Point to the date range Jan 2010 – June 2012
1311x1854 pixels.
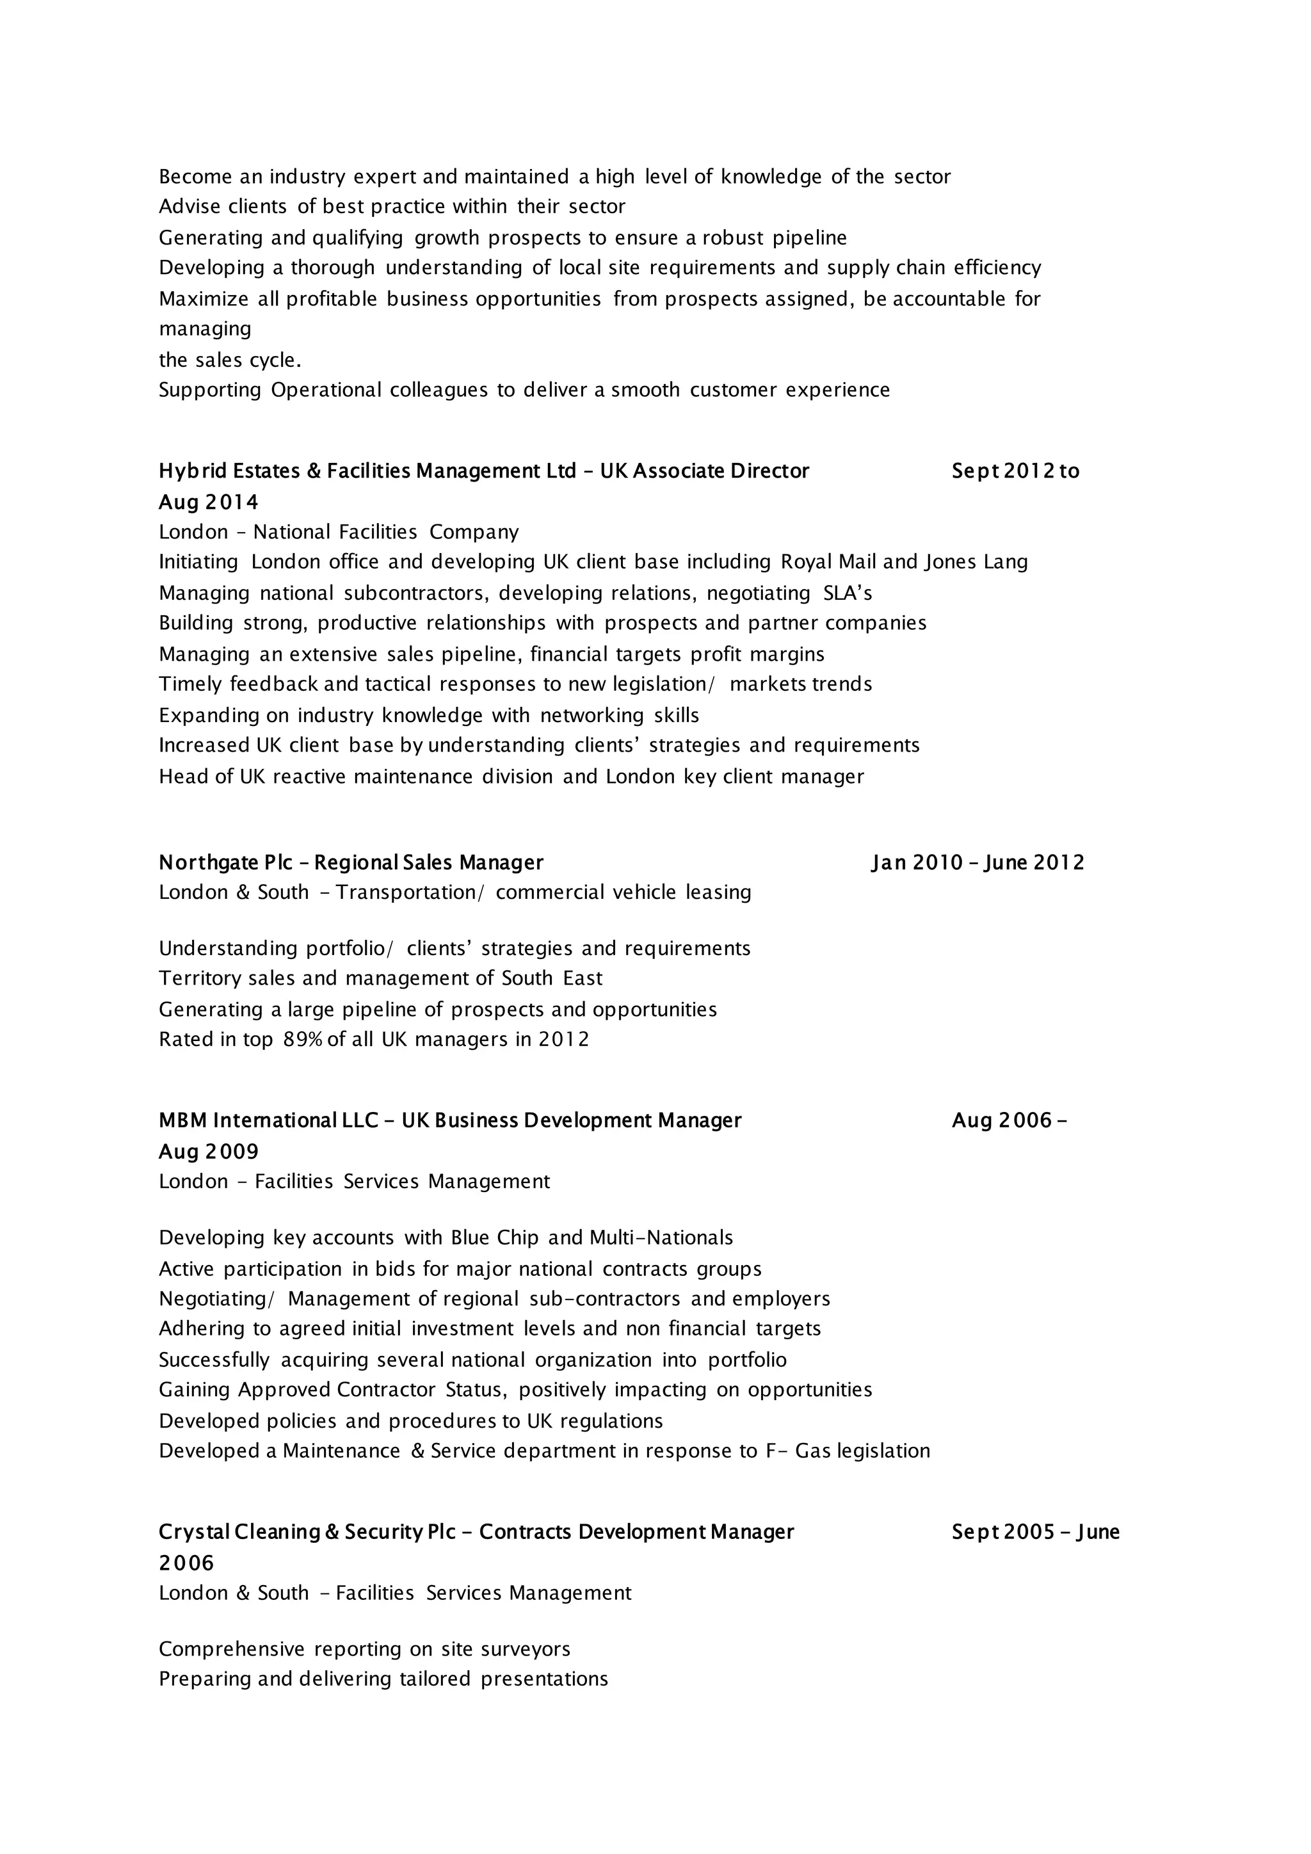(x=977, y=862)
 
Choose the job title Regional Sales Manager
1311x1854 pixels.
(x=429, y=862)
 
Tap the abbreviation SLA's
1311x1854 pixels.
(x=848, y=593)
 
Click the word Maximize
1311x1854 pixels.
(x=204, y=300)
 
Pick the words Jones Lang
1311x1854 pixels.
(x=976, y=562)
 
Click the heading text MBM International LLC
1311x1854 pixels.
(x=268, y=1121)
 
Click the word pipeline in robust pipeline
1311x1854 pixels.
(x=809, y=238)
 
